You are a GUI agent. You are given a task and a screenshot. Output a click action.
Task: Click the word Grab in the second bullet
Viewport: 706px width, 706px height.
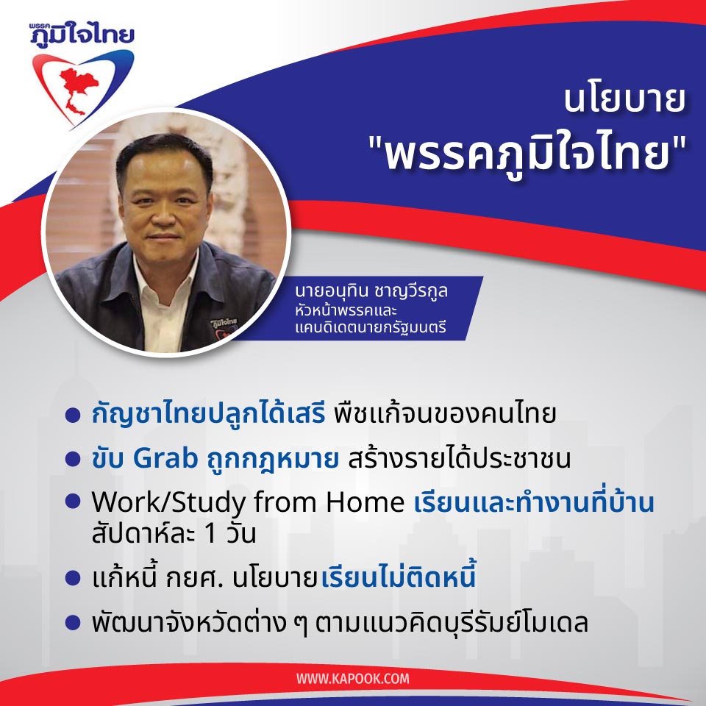coord(165,458)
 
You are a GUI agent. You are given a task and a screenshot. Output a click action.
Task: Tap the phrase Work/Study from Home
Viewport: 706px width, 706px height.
coord(247,504)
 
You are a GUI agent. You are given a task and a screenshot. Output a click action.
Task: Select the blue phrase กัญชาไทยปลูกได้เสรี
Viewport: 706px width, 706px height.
coord(208,415)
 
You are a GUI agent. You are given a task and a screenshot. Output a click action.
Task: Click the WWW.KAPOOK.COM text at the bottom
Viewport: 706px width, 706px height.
coord(353,678)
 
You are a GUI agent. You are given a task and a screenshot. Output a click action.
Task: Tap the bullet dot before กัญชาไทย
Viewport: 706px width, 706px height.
coord(72,416)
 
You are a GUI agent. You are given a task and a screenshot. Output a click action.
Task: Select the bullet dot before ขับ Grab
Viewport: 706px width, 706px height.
coord(72,460)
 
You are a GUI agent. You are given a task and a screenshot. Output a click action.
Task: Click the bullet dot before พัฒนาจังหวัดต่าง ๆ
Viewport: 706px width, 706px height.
coord(72,623)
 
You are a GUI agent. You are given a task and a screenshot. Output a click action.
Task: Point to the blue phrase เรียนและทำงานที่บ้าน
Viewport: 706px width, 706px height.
coord(534,504)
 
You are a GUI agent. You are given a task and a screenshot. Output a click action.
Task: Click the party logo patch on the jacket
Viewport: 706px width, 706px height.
coord(218,321)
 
